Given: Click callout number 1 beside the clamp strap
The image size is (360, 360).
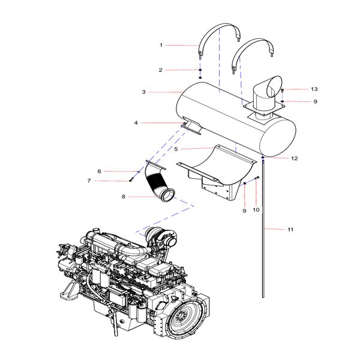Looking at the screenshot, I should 161,45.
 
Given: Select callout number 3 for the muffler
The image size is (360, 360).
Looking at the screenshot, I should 144,92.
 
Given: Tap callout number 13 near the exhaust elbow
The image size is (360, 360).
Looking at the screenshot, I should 314,89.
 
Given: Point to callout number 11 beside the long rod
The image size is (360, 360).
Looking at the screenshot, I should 290,230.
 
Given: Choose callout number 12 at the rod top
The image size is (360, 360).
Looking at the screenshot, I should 294,158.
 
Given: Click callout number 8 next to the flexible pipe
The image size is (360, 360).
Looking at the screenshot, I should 124,196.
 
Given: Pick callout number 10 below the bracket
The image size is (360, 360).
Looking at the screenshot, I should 256,209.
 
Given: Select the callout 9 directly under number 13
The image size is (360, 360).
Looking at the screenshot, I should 314,101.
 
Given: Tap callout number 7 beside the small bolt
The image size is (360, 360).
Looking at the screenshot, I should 88,181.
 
